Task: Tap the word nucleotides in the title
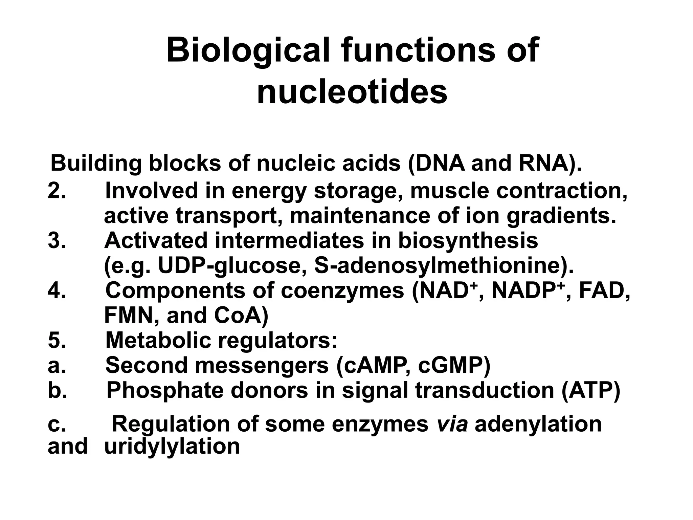(x=352, y=92)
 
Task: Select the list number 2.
(x=57, y=191)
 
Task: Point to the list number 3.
(x=57, y=241)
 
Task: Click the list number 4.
(x=57, y=290)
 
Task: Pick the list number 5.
(x=57, y=340)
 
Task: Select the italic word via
(x=452, y=424)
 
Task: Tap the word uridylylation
(x=172, y=446)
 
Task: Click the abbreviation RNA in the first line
(x=543, y=163)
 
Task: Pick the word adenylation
(x=538, y=424)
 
